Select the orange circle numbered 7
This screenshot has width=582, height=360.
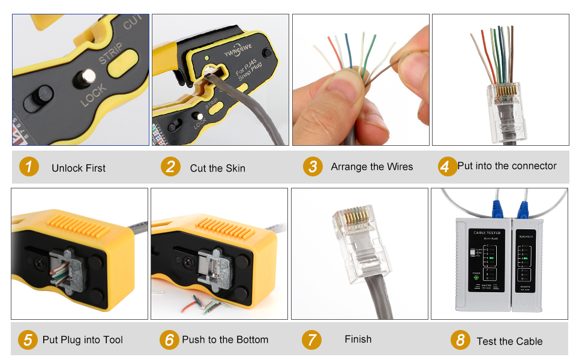[x=311, y=340]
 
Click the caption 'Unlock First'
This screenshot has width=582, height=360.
[x=78, y=168]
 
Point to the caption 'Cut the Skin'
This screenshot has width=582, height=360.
[x=217, y=168]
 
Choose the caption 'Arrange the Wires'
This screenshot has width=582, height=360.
[x=371, y=167]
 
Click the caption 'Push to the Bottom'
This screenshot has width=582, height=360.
[x=225, y=340]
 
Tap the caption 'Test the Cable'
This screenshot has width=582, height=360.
[x=509, y=341]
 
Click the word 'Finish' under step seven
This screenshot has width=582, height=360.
[x=358, y=340]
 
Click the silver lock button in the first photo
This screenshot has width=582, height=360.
[x=89, y=77]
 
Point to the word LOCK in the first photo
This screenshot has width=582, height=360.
[x=94, y=95]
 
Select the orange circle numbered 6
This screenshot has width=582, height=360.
[x=170, y=340]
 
